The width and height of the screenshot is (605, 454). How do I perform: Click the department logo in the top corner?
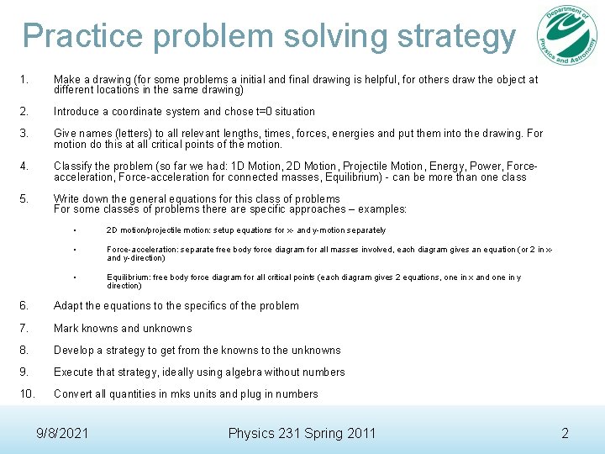568,37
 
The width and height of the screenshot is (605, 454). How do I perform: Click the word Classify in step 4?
74,166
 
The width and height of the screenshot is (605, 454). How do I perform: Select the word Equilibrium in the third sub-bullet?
129,277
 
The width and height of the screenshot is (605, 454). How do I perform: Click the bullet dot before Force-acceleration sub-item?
75,250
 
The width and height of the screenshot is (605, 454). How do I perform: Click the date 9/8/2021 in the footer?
63,433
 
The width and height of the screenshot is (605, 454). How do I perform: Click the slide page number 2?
565,433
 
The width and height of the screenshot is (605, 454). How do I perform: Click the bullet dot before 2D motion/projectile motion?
75,230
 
